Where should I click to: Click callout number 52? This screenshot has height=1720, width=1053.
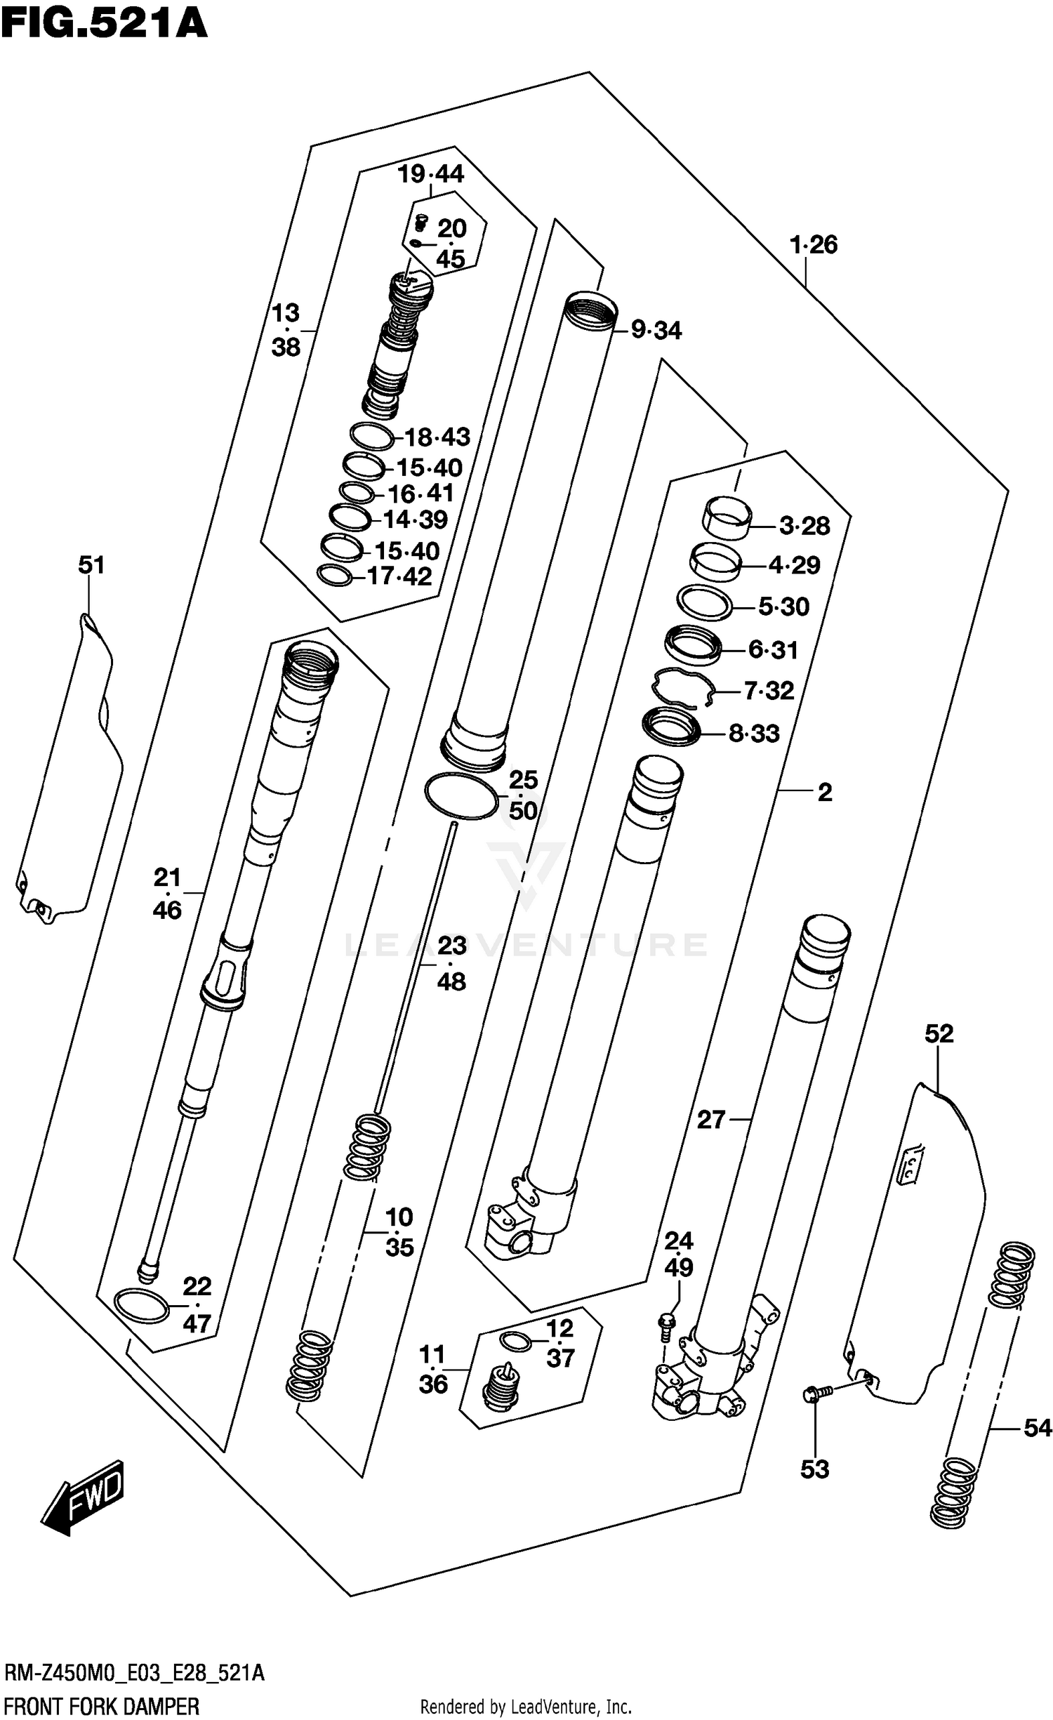(x=939, y=1033)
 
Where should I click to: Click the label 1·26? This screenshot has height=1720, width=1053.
(x=813, y=245)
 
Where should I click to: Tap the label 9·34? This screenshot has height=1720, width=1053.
(x=656, y=330)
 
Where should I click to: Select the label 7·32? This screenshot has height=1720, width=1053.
(x=769, y=691)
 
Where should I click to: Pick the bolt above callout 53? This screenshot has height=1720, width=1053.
(x=818, y=1391)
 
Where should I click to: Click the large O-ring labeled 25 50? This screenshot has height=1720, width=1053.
(x=461, y=795)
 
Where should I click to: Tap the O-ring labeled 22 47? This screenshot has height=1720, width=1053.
(x=142, y=1306)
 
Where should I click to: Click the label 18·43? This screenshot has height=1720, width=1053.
(x=437, y=437)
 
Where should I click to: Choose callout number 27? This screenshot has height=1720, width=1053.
(x=710, y=1119)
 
